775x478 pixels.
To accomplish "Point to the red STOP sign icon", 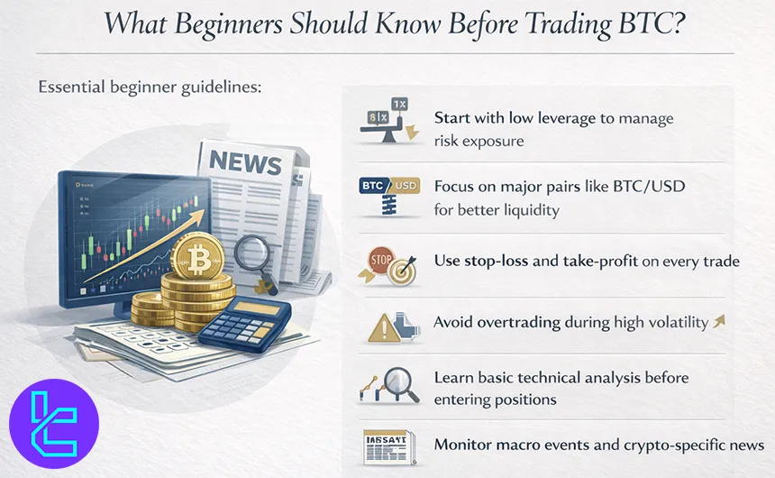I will (378, 258).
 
